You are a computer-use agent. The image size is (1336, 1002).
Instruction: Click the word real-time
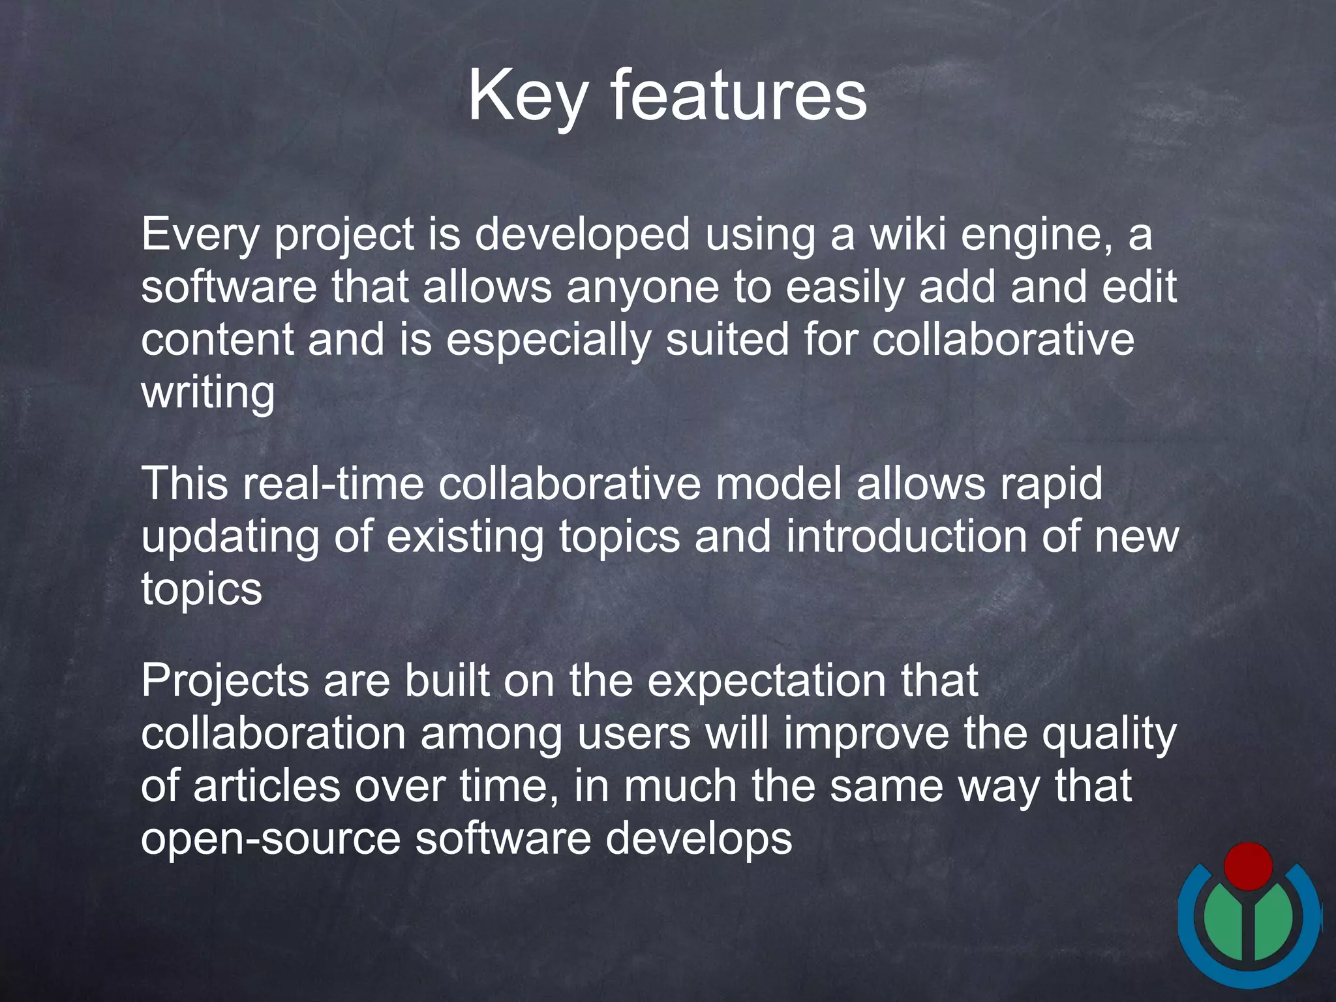[333, 484]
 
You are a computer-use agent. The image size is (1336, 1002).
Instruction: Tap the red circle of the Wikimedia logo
[1248, 866]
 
